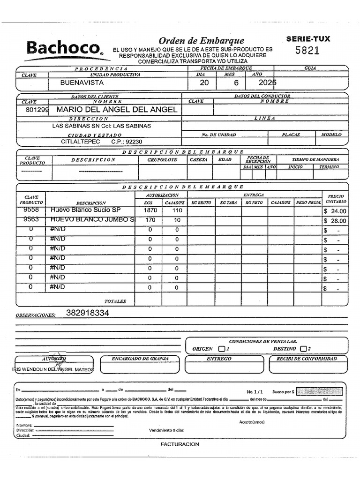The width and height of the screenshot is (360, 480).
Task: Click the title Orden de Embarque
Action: click(x=201, y=41)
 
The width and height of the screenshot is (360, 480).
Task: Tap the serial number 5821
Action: click(x=307, y=51)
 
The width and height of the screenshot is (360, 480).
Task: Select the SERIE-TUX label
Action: click(x=308, y=39)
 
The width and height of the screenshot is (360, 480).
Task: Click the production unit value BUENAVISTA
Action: click(x=82, y=82)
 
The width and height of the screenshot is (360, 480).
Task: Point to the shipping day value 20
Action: click(x=204, y=82)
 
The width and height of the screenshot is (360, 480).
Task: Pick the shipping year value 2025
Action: click(x=268, y=82)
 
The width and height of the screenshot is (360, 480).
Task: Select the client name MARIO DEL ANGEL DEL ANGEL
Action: click(x=117, y=110)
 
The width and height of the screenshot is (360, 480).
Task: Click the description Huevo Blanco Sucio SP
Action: click(x=85, y=211)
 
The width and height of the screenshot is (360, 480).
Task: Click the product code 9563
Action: click(x=31, y=219)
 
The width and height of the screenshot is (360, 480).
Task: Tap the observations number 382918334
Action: click(x=88, y=313)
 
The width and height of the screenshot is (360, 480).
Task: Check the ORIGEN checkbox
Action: click(x=222, y=349)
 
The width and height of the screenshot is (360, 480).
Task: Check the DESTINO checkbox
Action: click(x=303, y=349)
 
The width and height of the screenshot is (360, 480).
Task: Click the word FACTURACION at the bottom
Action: click(x=180, y=444)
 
